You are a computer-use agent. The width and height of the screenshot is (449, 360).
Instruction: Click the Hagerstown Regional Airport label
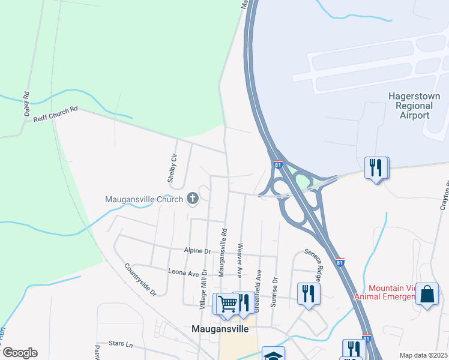click(x=414, y=106)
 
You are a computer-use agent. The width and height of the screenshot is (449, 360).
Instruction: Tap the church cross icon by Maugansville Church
click(x=193, y=198)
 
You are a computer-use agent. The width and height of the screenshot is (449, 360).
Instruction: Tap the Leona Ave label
click(x=183, y=273)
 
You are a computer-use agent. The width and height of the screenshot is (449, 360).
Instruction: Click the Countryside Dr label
click(x=140, y=280)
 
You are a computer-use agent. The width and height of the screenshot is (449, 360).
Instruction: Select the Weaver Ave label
click(x=240, y=260)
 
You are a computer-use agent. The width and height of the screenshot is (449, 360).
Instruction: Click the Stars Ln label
click(x=121, y=344)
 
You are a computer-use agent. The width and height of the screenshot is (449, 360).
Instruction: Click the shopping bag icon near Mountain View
click(x=427, y=294)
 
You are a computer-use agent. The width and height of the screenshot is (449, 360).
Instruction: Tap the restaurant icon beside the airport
click(x=376, y=167)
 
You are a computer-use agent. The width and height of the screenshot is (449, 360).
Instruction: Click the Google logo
click(x=20, y=353)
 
